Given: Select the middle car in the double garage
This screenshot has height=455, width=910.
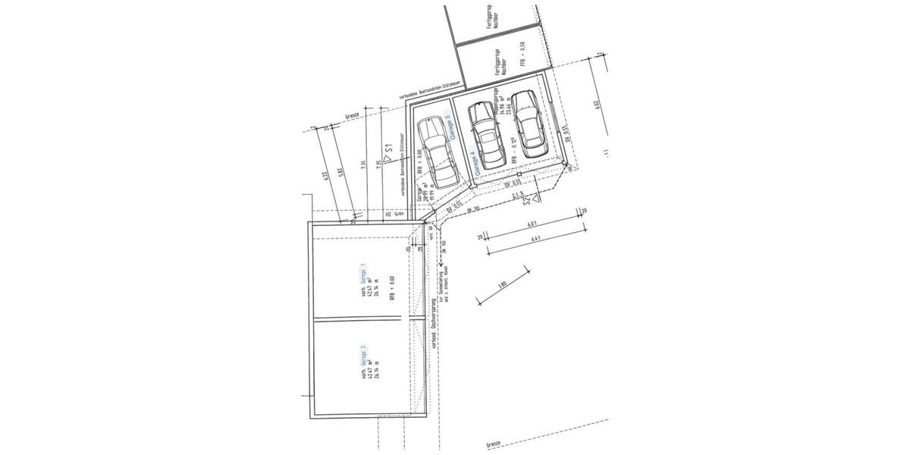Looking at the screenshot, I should (485, 134).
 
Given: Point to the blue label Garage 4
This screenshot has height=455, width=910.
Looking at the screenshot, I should (473, 164).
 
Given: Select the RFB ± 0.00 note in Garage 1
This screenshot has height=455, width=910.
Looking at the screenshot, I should (391, 289).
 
